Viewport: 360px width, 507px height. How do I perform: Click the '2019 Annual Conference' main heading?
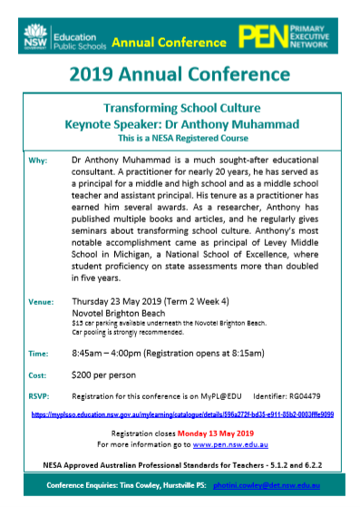(180, 73)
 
